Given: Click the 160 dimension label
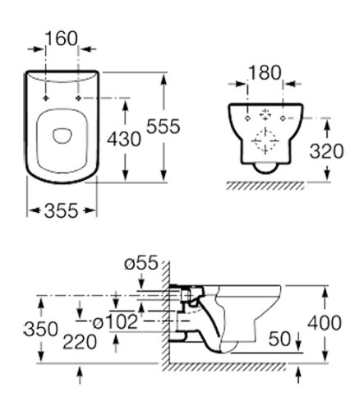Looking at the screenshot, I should point(62,38).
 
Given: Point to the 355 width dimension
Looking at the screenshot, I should point(53,211).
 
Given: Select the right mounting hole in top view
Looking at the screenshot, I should point(78,98).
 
